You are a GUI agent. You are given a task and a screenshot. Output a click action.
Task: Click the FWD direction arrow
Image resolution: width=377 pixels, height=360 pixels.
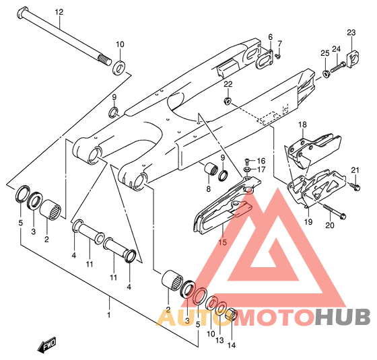point(46,345)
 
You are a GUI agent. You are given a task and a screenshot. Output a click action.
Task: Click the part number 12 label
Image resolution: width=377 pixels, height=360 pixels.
point(59,12)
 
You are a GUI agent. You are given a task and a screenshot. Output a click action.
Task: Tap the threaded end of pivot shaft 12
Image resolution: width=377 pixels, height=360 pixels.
point(105,60)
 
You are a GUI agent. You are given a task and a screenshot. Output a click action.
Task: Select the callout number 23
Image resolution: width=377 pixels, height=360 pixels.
point(351,32)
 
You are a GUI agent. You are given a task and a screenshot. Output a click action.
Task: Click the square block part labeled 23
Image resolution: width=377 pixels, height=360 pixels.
point(354,59)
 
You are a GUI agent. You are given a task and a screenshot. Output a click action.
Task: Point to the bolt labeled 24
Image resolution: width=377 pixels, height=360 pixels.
point(338,67)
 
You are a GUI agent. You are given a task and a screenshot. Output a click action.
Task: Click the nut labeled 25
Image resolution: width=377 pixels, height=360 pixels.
point(326,73)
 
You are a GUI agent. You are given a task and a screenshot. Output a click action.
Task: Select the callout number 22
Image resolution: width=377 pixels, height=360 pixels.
point(228,84)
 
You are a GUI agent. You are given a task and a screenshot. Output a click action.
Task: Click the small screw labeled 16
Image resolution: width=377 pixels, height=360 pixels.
point(247,160)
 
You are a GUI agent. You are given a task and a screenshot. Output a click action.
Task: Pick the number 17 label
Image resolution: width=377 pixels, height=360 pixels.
point(261,170)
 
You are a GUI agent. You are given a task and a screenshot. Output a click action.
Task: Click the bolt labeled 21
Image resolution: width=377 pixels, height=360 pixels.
point(355,186)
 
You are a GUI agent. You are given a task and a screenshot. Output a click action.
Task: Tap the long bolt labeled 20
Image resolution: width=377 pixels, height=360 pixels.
point(335,212)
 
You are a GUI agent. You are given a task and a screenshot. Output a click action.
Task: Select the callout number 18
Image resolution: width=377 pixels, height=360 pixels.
point(303,124)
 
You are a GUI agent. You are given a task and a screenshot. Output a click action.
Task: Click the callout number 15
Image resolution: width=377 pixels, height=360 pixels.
point(223,242)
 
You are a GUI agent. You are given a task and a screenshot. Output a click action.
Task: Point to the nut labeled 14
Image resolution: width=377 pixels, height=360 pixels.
point(232,314)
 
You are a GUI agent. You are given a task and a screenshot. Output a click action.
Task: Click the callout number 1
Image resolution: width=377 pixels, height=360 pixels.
point(109,315)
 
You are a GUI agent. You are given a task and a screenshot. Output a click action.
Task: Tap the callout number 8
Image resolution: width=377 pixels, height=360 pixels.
point(208,189)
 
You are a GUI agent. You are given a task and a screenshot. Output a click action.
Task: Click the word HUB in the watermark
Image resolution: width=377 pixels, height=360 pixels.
point(343,317)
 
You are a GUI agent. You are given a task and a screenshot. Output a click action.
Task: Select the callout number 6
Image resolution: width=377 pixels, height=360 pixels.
point(271,37)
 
